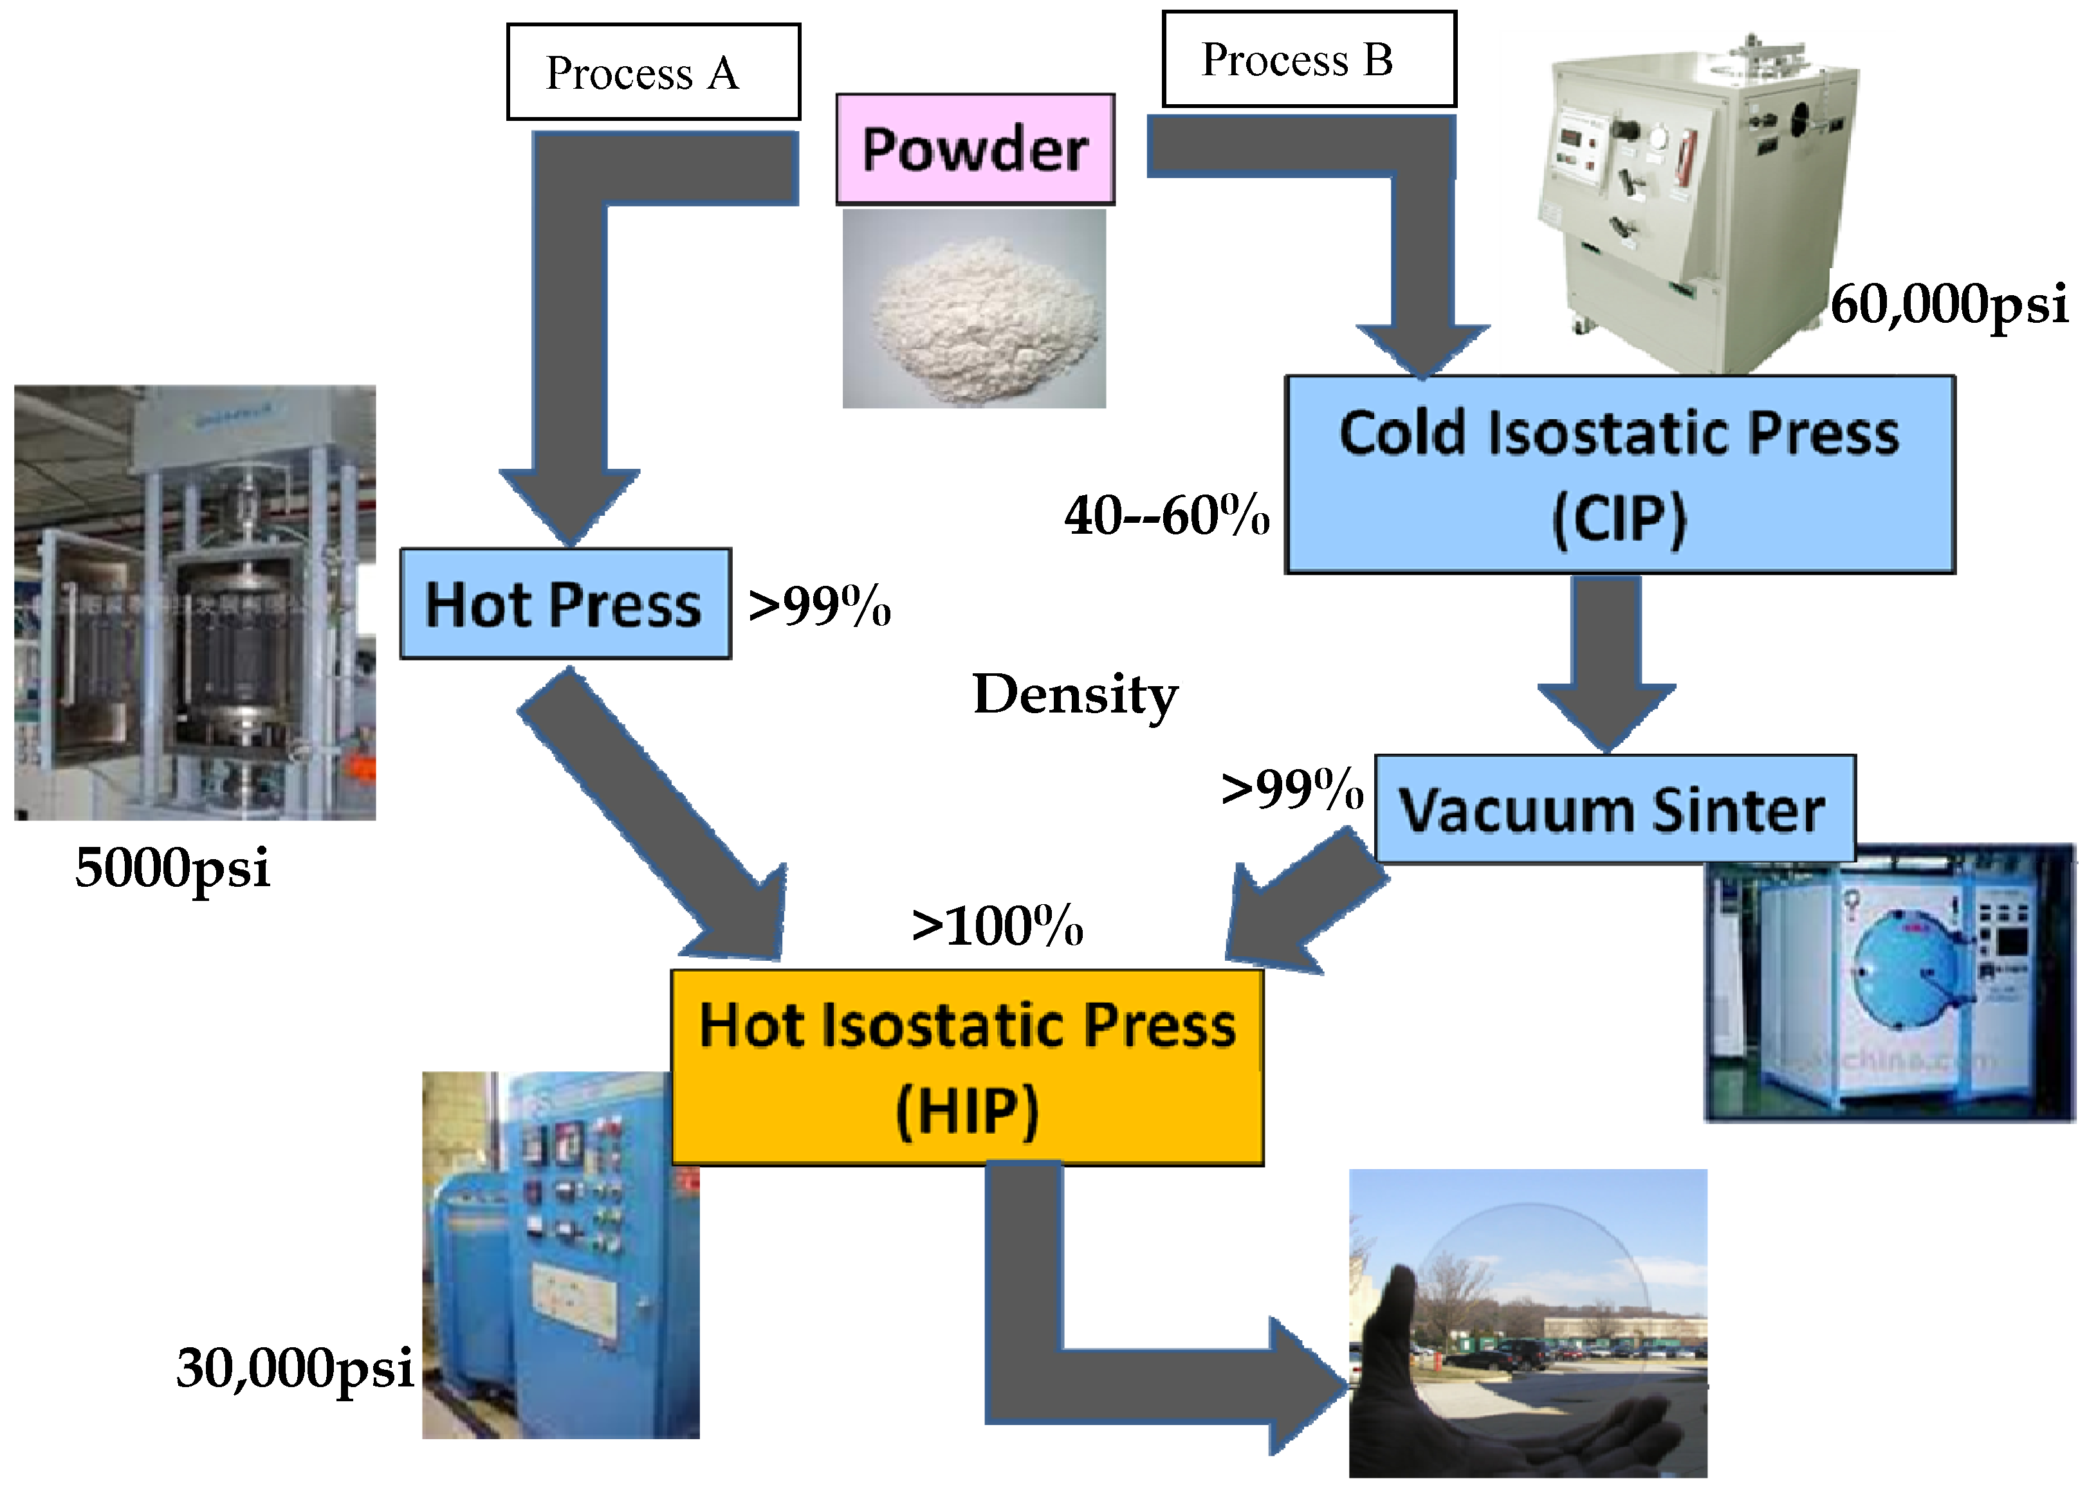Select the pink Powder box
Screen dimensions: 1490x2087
[x=975, y=149]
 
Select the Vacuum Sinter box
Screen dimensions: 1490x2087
[x=1614, y=809]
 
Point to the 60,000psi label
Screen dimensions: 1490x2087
[x=1949, y=305]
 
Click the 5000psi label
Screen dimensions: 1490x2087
[x=172, y=868]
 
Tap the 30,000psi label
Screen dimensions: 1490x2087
[x=295, y=1368]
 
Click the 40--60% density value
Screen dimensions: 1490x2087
[x=1166, y=516]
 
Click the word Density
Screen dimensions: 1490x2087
[x=1075, y=695]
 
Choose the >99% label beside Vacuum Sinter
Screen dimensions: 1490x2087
[x=1291, y=789]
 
